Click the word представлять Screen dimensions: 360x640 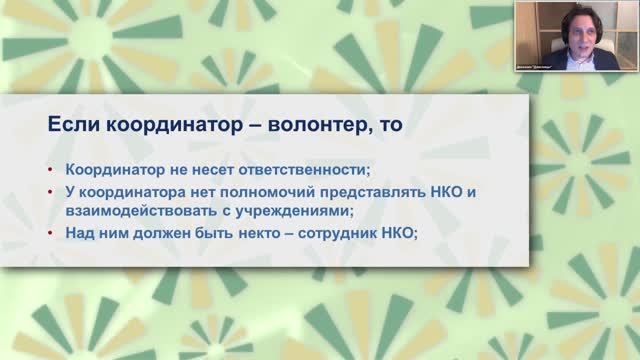point(342,191)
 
